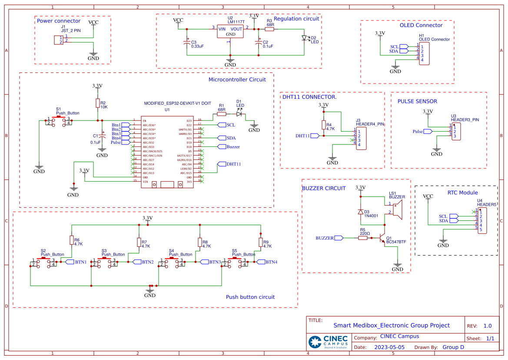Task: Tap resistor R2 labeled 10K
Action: pos(97,103)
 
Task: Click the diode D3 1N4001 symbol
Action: pos(360,212)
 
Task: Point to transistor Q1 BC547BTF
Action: pos(383,239)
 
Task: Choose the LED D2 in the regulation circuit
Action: pos(305,38)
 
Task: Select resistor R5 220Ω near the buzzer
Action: pos(363,238)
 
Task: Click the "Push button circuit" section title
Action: pos(250,297)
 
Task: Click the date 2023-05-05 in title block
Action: pos(389,347)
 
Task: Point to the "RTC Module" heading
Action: pos(462,193)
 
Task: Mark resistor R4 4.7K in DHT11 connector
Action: pos(323,125)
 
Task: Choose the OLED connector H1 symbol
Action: pos(424,53)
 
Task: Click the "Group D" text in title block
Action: pos(453,347)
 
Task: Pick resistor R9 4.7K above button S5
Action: pos(261,242)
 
